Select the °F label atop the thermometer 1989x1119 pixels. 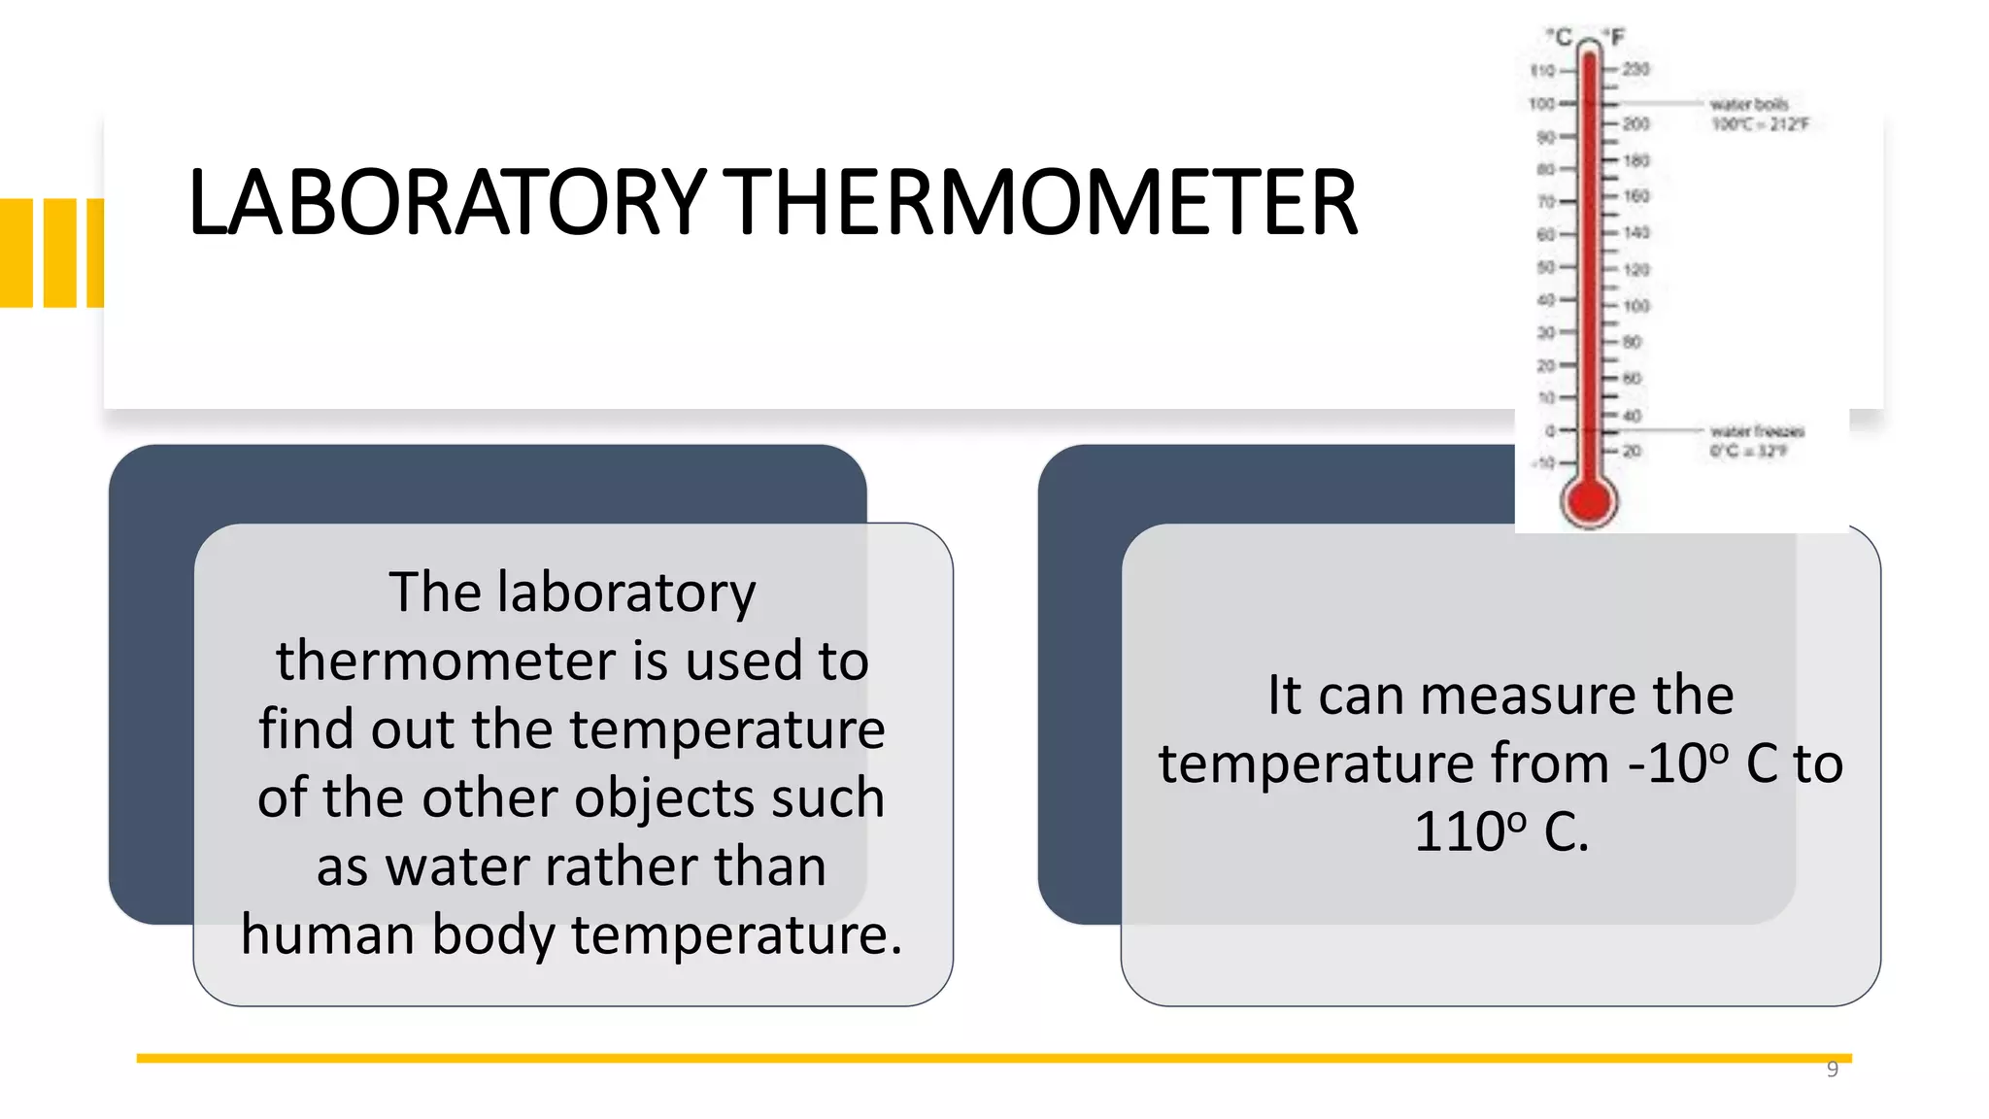[x=1614, y=37]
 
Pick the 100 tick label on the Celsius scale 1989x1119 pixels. [x=1541, y=104]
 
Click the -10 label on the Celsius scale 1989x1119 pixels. [x=1543, y=463]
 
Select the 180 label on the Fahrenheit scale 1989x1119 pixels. [x=1636, y=160]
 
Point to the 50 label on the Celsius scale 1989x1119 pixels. [x=1545, y=267]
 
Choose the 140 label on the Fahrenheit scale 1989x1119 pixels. [x=1636, y=233]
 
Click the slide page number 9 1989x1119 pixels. [x=1832, y=1069]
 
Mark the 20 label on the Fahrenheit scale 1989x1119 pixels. [x=1632, y=452]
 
